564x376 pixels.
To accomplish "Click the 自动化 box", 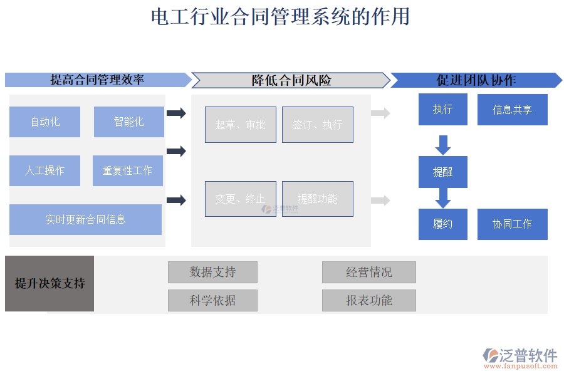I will coord(44,122).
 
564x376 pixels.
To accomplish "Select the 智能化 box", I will coord(128,122).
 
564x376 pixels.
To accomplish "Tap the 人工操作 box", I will coord(44,170).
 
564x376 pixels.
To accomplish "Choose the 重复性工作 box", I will coord(127,170).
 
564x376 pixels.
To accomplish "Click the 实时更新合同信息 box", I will coord(85,219).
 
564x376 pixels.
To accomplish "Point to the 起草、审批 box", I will coord(240,125).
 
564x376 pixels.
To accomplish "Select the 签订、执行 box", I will coord(317,125).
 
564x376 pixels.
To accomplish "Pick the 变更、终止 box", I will coord(240,199).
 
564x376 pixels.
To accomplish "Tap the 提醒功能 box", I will coord(317,199).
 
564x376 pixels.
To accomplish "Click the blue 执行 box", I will coord(442,109).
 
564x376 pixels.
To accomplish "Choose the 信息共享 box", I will coord(512,110).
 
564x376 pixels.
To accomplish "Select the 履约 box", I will coord(442,224).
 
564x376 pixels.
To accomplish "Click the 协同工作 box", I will coord(512,224).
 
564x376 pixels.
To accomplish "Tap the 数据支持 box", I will coord(212,272).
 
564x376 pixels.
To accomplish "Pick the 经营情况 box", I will coord(368,272).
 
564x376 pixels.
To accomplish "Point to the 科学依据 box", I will coord(212,300).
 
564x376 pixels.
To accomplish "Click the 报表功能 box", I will coord(368,300).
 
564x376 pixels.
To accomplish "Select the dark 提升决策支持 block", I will coord(50,283).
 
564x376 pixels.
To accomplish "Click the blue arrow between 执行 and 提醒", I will coord(443,145).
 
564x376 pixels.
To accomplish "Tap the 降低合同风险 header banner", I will coord(291,80).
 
